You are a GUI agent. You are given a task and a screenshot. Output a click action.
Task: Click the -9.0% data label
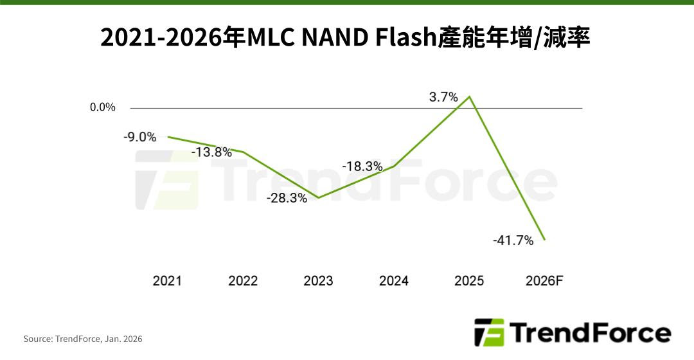click(140, 137)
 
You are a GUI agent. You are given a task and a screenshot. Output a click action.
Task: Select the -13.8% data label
click(211, 152)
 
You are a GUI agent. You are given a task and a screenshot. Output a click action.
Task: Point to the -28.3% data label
click(287, 198)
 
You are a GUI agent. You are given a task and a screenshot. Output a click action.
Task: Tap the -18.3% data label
click(362, 166)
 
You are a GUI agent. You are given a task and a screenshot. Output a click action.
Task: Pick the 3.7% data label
click(443, 98)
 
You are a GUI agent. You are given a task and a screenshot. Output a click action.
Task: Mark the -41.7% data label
click(513, 240)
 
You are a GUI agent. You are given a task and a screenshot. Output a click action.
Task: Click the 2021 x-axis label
click(167, 281)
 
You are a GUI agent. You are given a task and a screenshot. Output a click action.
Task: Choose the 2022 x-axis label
click(243, 281)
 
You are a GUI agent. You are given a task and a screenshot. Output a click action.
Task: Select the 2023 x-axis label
click(318, 281)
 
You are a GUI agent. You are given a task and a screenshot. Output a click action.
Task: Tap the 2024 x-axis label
click(394, 281)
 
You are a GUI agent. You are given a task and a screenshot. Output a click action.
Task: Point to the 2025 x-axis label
click(469, 281)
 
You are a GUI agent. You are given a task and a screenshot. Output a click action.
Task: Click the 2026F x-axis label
click(544, 281)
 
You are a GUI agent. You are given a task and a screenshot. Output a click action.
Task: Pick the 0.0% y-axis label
click(103, 107)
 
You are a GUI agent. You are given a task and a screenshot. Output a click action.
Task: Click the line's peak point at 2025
click(470, 97)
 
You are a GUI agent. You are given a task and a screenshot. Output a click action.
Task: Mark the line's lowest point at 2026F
click(545, 240)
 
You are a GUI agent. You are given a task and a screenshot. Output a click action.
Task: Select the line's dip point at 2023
click(319, 197)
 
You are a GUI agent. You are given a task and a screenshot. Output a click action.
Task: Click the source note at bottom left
click(83, 339)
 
